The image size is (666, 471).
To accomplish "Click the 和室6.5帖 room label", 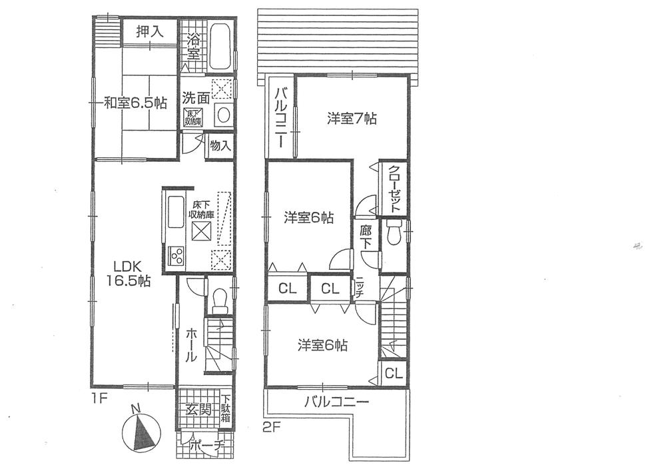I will click(135, 103).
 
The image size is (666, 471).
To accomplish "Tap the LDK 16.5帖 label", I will click(127, 272).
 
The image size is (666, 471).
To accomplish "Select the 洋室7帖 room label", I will click(352, 119).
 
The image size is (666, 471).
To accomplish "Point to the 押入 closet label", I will click(149, 31).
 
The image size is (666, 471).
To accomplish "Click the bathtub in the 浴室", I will click(221, 45).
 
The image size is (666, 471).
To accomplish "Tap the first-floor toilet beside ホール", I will click(219, 299).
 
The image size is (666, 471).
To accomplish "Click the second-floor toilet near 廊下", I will click(393, 234).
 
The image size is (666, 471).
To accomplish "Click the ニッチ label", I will click(359, 290).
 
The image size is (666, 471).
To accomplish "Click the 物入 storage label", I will click(220, 145).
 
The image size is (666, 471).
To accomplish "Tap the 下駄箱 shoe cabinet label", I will click(226, 408).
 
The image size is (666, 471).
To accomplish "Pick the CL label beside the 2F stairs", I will click(393, 374).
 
